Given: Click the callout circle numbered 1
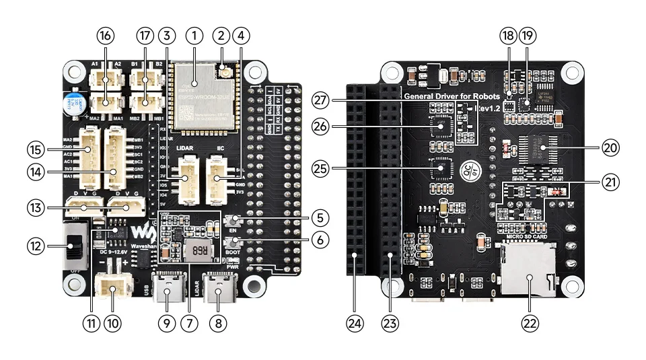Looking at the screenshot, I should (x=194, y=34).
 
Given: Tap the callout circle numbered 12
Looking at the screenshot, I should (x=36, y=247).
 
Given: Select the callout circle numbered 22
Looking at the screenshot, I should (x=531, y=323).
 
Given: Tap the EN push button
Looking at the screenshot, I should (x=234, y=220).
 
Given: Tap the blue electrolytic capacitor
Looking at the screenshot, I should (x=73, y=103).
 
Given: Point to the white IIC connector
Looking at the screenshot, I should (x=217, y=178).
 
